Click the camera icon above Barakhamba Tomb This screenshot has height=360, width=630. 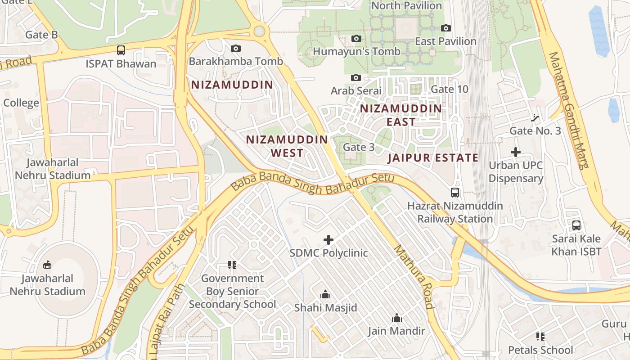coord(235,48)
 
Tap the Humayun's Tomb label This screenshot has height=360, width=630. coord(356,51)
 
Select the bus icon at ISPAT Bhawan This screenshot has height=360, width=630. coord(121,50)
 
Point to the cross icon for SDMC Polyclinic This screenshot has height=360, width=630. coord(328,240)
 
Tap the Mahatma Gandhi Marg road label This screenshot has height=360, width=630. coord(568,110)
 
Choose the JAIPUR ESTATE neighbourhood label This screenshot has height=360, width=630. coord(433,157)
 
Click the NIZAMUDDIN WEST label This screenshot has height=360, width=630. coord(287,146)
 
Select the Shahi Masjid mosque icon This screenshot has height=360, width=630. coord(325,295)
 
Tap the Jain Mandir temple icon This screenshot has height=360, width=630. coord(396,318)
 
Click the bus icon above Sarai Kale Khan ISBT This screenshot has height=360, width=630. coord(576,225)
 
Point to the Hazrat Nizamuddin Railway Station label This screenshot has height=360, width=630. coord(455,212)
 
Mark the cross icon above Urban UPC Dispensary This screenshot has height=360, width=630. coord(516,152)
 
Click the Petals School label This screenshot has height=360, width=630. coord(540,350)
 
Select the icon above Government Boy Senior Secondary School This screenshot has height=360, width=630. coord(232,265)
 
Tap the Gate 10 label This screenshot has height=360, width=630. coord(449,89)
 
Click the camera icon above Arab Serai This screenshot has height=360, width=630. coord(355,78)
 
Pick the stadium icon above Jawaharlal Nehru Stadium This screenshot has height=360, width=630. coord(47,265)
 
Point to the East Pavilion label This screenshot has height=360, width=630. coord(445,41)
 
